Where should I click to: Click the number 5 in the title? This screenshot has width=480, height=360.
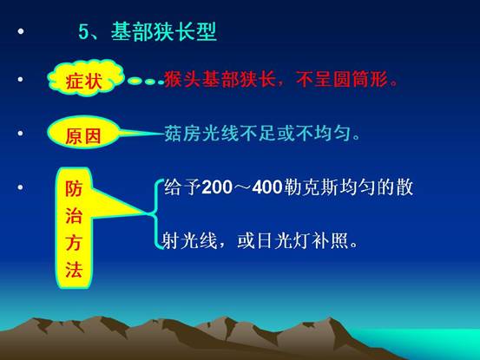pos(83,32)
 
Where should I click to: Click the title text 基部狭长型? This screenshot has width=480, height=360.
pos(164,31)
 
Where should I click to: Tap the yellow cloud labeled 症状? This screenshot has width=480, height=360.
pos(86,78)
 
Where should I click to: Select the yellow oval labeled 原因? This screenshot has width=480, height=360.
pos(83,133)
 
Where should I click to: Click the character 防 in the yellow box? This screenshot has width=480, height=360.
pos(74,188)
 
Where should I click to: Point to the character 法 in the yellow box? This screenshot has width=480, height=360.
pos(74,270)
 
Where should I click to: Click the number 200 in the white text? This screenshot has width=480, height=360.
pos(217,187)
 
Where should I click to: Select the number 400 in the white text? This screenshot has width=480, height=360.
pos(267,187)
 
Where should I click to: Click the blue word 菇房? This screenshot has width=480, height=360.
pos(182,134)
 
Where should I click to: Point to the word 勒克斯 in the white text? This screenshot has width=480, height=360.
pos(311,187)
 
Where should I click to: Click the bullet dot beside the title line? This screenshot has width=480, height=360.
pos(21,31)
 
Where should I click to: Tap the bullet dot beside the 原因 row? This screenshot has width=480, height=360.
pos(21,133)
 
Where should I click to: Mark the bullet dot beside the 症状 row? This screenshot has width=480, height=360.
pos(21,80)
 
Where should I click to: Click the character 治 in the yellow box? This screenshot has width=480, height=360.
pos(74,215)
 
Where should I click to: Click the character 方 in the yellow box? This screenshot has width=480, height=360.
pos(74,242)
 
